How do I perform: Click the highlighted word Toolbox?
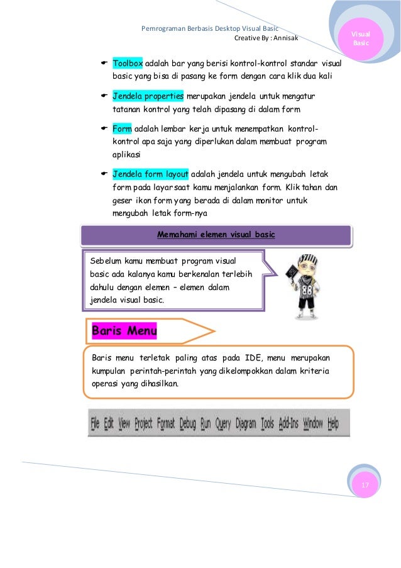click(128, 64)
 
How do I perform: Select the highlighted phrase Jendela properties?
click(148, 96)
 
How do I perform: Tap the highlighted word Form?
click(123, 129)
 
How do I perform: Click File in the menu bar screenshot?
click(95, 423)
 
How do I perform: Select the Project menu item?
click(143, 423)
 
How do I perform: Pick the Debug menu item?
click(187, 423)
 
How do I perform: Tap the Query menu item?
click(223, 423)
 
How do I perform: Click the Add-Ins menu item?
click(288, 423)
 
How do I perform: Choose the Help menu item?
click(332, 423)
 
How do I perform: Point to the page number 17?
click(365, 484)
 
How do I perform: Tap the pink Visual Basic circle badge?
click(361, 39)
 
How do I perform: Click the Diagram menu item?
click(246, 423)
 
